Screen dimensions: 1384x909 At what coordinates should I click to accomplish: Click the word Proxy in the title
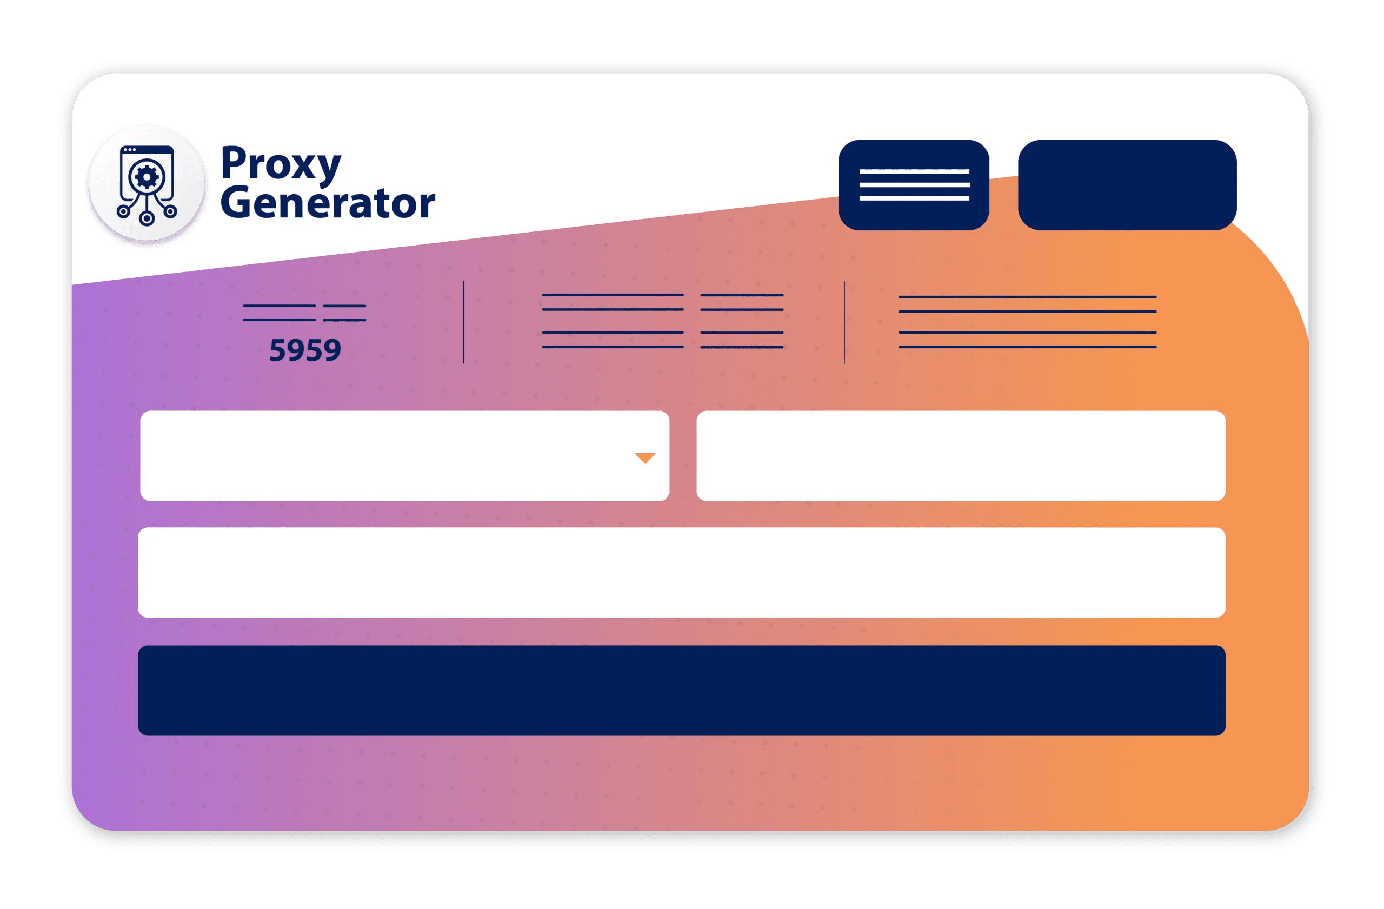click(x=281, y=164)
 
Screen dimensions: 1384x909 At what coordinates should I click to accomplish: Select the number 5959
click(x=305, y=350)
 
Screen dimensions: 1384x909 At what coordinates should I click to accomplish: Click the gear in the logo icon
click(x=147, y=177)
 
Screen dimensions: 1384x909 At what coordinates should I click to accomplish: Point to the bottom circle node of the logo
click(x=147, y=218)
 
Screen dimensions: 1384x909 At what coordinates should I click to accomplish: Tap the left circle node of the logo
click(x=123, y=211)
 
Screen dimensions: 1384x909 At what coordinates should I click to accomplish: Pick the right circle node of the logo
click(x=170, y=211)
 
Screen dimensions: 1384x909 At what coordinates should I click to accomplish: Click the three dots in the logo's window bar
click(x=130, y=150)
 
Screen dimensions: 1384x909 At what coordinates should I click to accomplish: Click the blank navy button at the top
click(x=1127, y=185)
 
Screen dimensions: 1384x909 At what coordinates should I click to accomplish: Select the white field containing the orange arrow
click(x=405, y=456)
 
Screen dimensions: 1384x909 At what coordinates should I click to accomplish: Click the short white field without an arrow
click(x=961, y=456)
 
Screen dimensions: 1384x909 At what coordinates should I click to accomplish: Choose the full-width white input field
click(x=682, y=572)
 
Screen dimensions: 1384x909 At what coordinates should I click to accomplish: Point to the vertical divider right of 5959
click(x=463, y=322)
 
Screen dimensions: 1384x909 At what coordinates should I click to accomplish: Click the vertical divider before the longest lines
click(x=844, y=322)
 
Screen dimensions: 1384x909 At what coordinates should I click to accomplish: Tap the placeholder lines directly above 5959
click(x=305, y=313)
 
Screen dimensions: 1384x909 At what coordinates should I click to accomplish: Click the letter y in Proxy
click(x=328, y=170)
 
